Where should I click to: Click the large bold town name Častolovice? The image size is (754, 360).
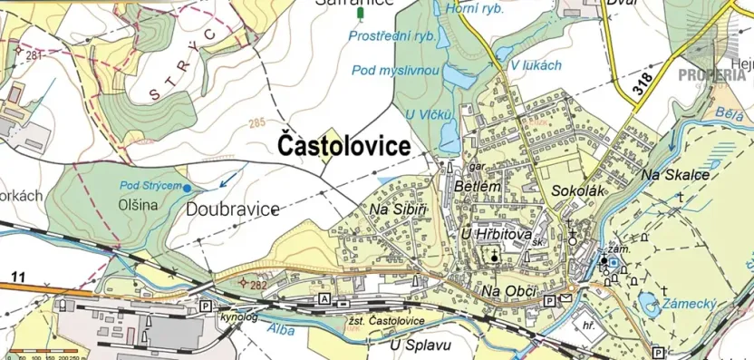tap(343, 145)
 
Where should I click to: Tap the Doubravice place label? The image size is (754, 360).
tap(233, 209)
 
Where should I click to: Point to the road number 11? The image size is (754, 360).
tap(18, 276)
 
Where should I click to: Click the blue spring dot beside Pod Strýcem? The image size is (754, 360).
tap(187, 188)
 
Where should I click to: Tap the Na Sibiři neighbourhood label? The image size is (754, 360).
tap(398, 210)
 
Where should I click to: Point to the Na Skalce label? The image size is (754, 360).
tap(674, 174)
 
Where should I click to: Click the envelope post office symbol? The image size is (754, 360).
tap(566, 298)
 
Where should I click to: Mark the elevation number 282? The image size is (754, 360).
tap(257, 285)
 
